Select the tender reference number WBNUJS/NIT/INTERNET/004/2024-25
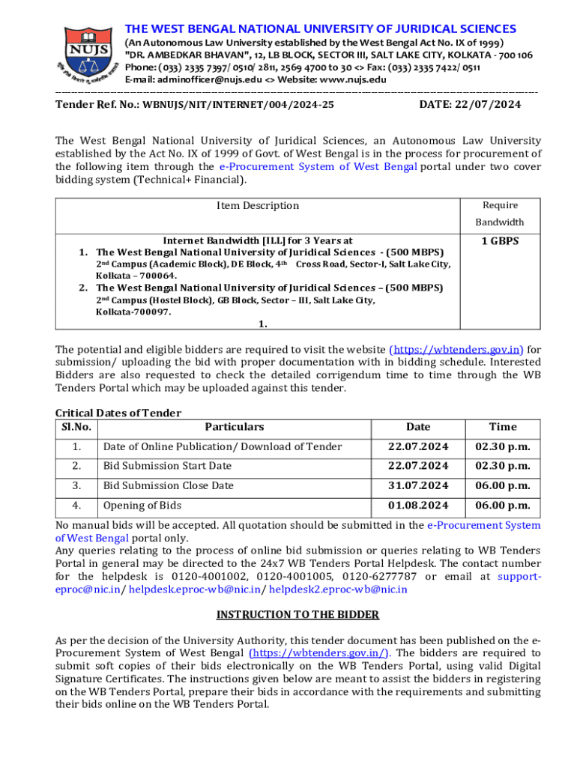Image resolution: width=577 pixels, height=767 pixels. point(238,105)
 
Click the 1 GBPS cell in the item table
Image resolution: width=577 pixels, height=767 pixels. point(500,240)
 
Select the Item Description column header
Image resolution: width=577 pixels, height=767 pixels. point(258,205)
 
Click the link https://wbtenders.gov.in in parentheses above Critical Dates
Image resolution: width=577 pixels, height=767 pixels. point(456,350)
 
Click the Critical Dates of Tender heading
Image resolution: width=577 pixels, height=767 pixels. point(118,413)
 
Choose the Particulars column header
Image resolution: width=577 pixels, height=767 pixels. point(235,427)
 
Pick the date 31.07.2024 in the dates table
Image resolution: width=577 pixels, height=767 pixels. point(418,485)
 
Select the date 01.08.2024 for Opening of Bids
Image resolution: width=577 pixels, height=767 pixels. point(418,505)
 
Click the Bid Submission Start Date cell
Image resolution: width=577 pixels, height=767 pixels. point(167,466)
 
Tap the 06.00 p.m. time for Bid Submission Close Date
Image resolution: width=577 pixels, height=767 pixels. point(503,485)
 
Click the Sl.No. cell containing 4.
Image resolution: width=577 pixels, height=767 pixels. point(76,505)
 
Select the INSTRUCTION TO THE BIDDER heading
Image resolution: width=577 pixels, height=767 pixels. point(297,615)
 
